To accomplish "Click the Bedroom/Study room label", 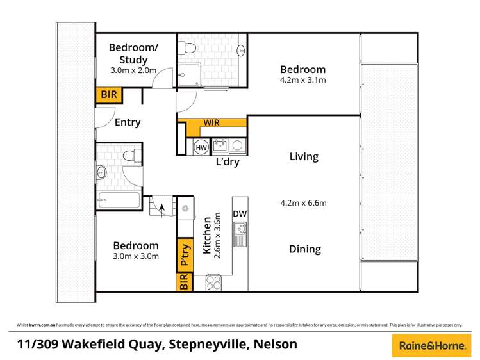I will (133, 53).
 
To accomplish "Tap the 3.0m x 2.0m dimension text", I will (133, 70).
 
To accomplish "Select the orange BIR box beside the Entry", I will (109, 95).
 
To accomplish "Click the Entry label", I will (127, 122).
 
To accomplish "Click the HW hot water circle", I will (201, 147).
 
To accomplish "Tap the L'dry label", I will (227, 162).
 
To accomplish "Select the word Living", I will (304, 156).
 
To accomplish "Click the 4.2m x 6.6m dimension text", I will (304, 204).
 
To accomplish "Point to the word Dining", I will (304, 249).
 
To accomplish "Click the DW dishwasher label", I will (240, 214).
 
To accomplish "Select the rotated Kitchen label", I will (207, 236).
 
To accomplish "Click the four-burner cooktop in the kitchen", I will (213, 282).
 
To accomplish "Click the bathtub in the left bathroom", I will (119, 200).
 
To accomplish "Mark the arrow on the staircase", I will (160, 206).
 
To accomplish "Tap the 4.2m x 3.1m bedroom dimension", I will (303, 81).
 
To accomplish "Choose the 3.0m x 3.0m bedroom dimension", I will (136, 257).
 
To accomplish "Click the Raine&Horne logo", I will (431, 345).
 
